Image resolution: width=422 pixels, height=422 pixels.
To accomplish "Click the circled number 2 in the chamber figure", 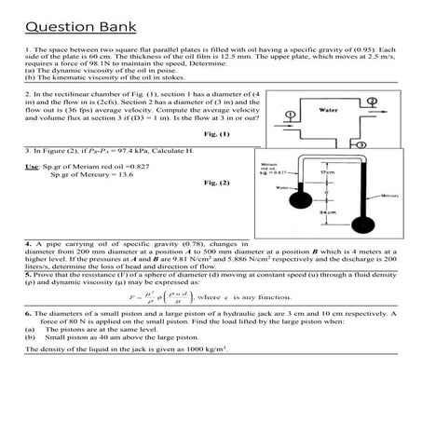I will click(373, 100).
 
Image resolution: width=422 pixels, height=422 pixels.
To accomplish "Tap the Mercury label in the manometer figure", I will click(388, 197).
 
